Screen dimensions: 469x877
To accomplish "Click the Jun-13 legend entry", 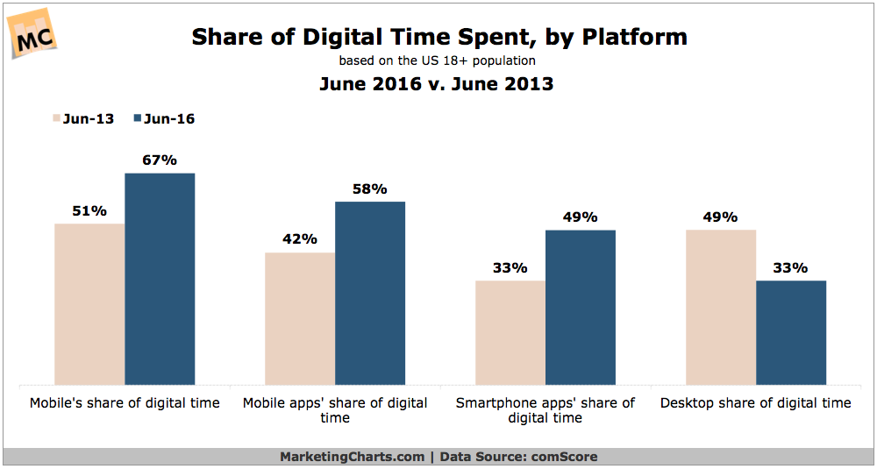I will coord(84,118).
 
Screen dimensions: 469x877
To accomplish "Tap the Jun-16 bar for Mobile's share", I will coord(160,279).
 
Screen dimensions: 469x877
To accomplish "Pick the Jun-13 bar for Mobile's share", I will coord(89,304).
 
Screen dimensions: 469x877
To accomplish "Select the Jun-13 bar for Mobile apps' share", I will coord(300,318).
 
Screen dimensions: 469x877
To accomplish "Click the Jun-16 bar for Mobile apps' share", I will coord(370,293).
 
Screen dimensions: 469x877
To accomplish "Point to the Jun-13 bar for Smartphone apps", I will coord(510,332).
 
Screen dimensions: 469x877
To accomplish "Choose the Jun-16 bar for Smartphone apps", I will coord(581,307).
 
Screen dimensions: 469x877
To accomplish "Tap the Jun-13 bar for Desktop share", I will coord(721,307).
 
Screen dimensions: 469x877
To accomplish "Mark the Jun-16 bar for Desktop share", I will coord(791,332).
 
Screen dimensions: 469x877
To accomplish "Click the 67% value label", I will coord(160,160).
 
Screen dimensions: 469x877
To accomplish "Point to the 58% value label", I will coord(370,189).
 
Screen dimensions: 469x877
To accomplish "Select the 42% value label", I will coord(300,239).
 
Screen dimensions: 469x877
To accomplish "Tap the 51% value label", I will coord(89,210).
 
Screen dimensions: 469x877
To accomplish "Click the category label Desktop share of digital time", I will coord(756,403).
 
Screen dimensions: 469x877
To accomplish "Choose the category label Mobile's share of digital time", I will coord(125,403).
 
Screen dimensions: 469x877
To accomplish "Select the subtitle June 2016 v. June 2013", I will coord(437,85).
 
